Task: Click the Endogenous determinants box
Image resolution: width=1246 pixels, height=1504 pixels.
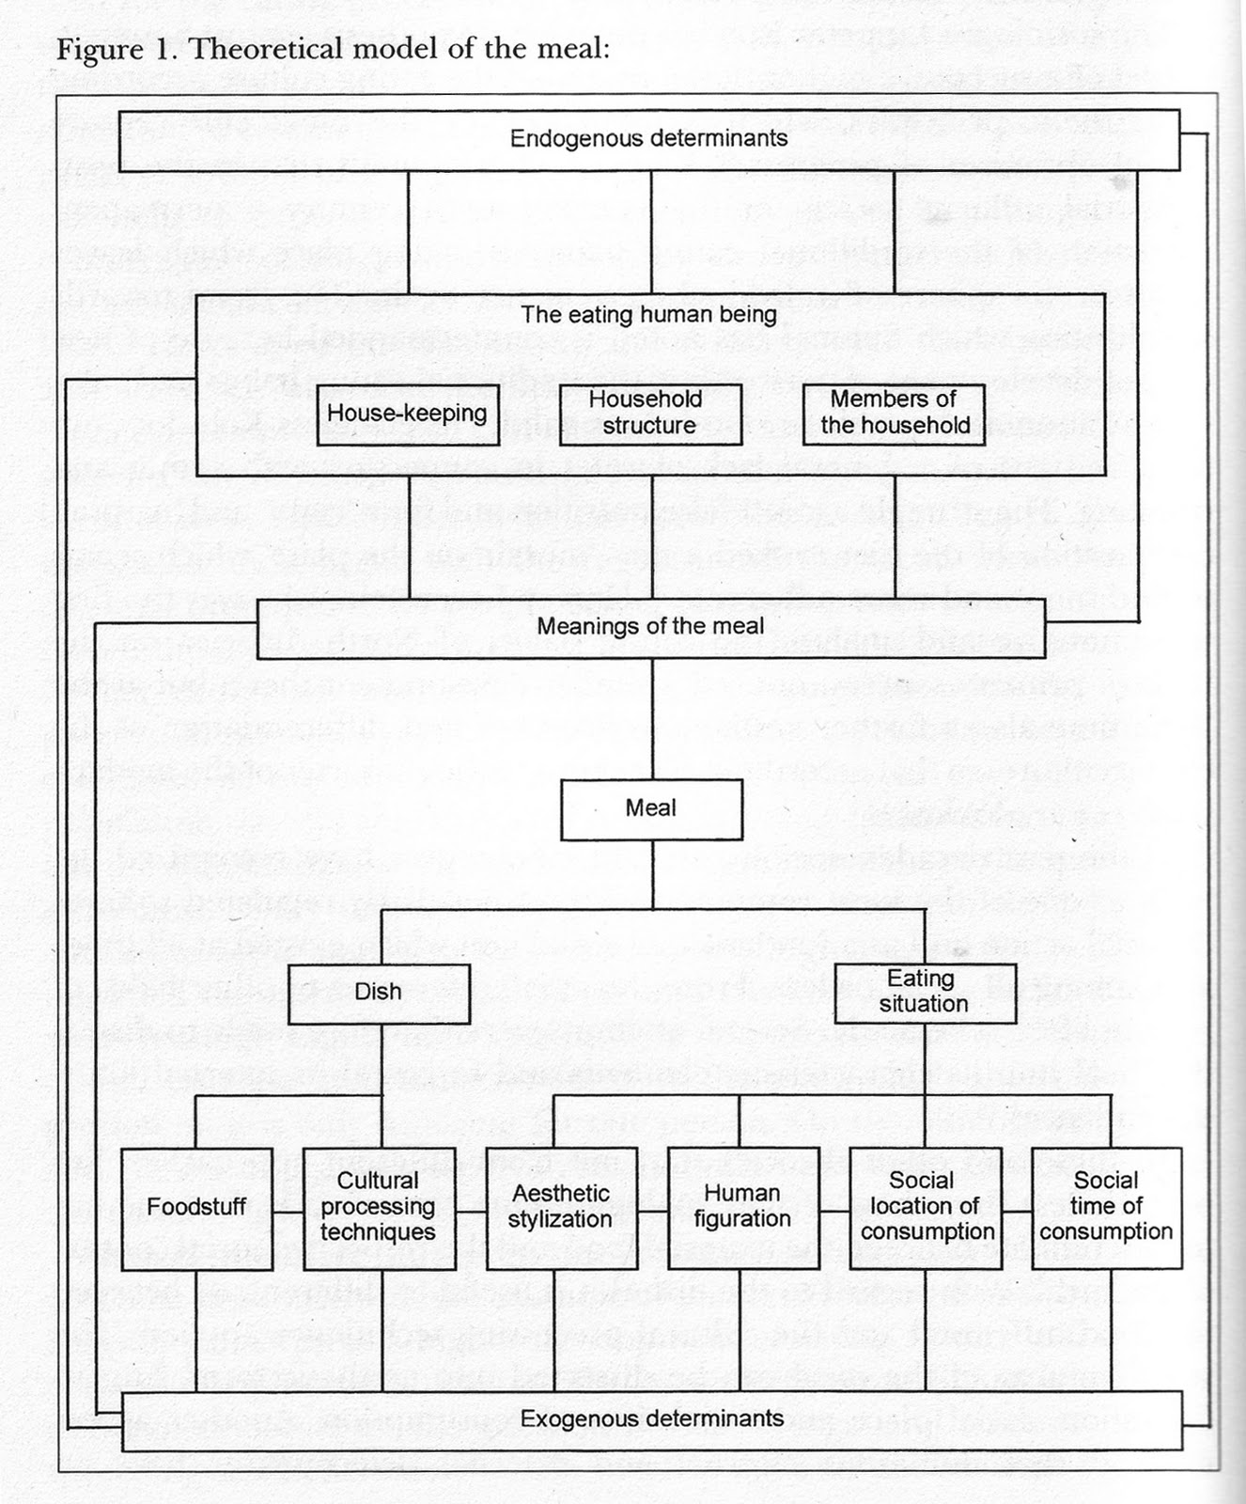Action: (x=648, y=140)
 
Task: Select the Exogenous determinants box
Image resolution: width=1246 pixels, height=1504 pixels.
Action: (x=651, y=1418)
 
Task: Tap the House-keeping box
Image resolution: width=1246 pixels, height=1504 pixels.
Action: (x=406, y=414)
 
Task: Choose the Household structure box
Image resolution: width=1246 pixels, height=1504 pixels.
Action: (x=649, y=413)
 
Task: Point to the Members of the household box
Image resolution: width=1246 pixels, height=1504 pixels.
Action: (x=894, y=413)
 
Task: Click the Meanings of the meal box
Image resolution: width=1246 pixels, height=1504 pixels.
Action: (x=650, y=626)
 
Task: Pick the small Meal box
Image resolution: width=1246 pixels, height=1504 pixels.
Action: (x=651, y=807)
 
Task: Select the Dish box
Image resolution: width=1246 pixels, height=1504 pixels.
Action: (x=378, y=993)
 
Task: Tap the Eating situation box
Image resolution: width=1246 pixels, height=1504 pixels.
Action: (x=925, y=992)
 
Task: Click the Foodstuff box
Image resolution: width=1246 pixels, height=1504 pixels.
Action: (x=196, y=1208)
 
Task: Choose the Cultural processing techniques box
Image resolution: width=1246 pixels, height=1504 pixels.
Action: (x=378, y=1208)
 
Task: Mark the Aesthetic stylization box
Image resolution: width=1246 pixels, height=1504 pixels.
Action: (x=559, y=1208)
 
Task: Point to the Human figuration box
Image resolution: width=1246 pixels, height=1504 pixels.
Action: (x=741, y=1208)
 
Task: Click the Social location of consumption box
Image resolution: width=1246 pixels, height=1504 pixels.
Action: (x=925, y=1208)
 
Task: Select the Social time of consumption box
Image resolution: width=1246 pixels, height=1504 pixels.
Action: (x=1106, y=1208)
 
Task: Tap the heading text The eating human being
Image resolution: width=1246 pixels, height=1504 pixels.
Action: (x=648, y=314)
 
